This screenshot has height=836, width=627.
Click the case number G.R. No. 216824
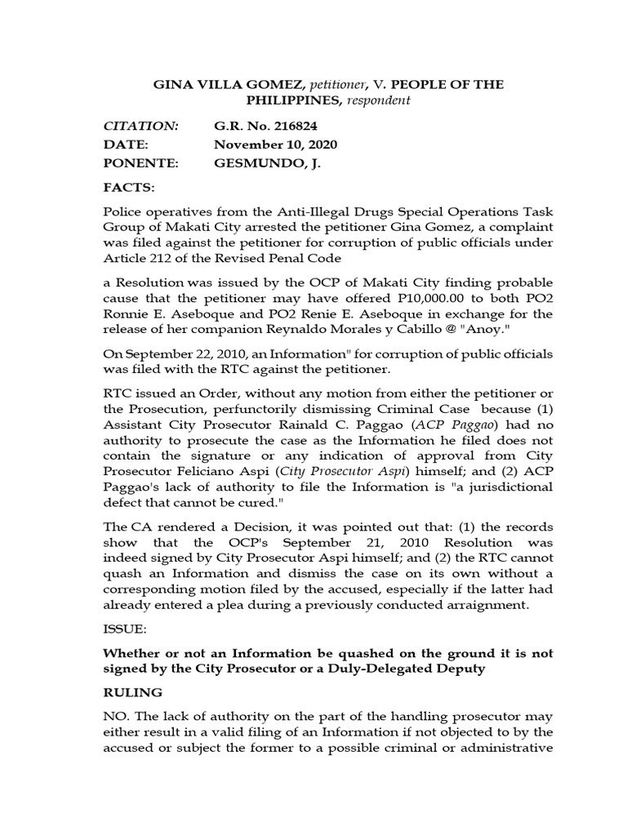[x=265, y=126]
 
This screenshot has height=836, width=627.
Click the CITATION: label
[x=140, y=126]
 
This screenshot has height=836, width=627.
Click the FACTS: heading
[x=129, y=188]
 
